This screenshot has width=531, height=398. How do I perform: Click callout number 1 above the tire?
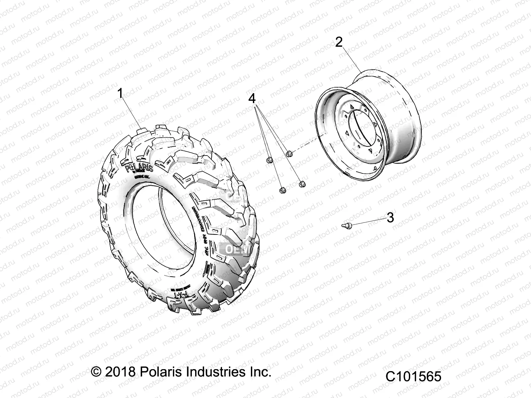tap(120, 94)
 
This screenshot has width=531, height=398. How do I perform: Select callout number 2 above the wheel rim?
tap(339, 42)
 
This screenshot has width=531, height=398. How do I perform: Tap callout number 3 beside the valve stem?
tap(390, 218)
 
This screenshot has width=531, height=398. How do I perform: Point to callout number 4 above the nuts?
tap(252, 99)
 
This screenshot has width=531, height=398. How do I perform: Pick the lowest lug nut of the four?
tap(283, 190)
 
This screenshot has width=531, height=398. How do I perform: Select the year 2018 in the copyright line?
tap(120, 372)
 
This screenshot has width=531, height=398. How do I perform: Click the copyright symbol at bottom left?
tap(96, 372)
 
